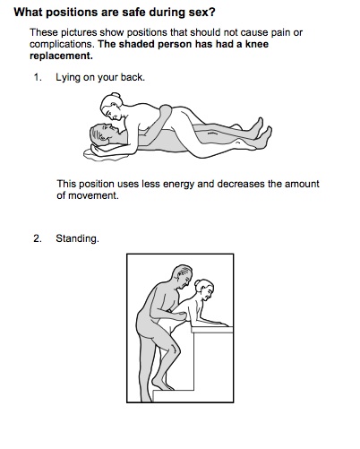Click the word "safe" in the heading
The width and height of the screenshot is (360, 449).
point(133,13)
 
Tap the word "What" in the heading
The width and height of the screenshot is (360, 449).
point(27,13)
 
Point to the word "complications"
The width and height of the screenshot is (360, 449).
point(62,44)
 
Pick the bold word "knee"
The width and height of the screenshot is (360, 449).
point(257,44)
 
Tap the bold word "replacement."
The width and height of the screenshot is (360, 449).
point(61,56)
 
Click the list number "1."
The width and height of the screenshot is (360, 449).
point(38,77)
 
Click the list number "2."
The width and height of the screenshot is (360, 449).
point(38,238)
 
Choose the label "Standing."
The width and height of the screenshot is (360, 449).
point(77,238)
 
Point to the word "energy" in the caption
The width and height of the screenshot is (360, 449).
point(176,184)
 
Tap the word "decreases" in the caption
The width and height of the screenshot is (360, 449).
point(241,184)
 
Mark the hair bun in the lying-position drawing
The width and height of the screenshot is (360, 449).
point(116,95)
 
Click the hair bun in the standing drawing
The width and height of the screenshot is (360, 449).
point(197,283)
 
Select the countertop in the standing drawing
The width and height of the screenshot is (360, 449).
point(212,330)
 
